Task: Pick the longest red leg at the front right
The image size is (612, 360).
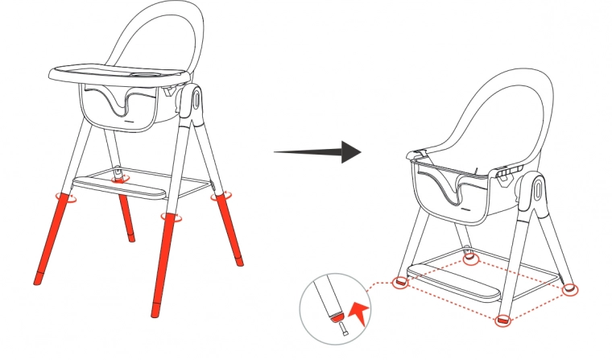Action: pyautogui.click(x=162, y=266)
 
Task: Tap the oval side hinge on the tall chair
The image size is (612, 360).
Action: pyautogui.click(x=196, y=101)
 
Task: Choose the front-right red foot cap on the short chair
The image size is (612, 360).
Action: pyautogui.click(x=502, y=321)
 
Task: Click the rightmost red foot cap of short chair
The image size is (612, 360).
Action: pyautogui.click(x=570, y=288)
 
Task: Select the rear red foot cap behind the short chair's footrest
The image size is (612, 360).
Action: pyautogui.click(x=471, y=259)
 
